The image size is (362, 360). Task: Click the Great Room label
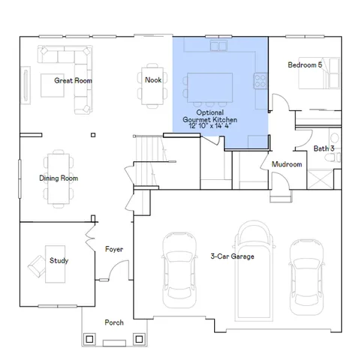(x=73, y=79)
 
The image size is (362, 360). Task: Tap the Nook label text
(x=153, y=79)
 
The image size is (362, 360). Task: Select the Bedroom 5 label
(x=305, y=65)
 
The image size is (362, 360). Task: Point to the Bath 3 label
(x=324, y=148)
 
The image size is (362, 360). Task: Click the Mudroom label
(x=287, y=164)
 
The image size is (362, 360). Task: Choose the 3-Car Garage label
(x=232, y=256)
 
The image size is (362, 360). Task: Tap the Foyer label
(x=114, y=249)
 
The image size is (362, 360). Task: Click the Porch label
(x=114, y=322)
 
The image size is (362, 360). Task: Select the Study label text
(x=59, y=261)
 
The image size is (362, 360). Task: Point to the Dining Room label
(x=59, y=178)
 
